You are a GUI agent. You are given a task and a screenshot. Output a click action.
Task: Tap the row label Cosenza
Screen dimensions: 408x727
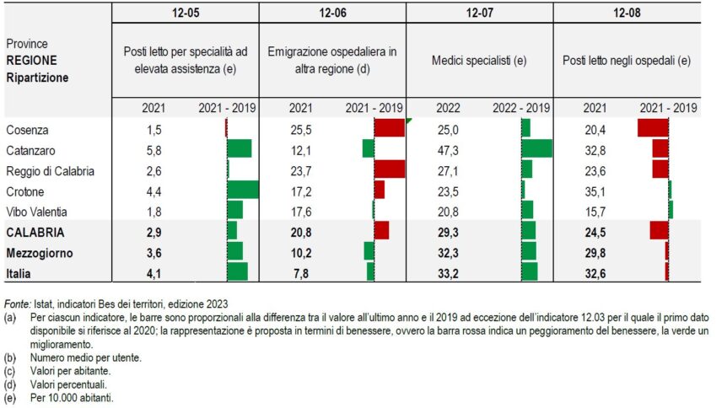click(26, 129)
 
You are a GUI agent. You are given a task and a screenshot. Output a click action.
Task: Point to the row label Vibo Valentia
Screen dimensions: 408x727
click(36, 211)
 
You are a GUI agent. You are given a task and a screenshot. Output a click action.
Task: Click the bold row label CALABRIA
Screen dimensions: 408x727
click(35, 232)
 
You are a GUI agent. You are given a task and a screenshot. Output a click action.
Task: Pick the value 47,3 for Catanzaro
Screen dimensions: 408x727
click(448, 149)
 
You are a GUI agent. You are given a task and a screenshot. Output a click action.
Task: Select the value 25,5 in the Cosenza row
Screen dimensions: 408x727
click(300, 129)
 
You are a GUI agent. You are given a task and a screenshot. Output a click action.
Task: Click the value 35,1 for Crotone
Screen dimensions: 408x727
click(595, 191)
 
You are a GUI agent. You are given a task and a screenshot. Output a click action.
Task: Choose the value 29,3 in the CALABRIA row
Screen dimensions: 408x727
click(448, 232)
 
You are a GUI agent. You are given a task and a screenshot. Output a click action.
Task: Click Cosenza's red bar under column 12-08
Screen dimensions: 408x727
click(653, 128)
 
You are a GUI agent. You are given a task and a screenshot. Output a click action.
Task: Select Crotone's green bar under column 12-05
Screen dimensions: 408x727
click(243, 190)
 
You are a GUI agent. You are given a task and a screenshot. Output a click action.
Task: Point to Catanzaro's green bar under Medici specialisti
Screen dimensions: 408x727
click(536, 148)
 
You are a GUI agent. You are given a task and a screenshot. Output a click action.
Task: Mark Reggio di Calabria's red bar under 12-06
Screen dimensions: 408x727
click(389, 169)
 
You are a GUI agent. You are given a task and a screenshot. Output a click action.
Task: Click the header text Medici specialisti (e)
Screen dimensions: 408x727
click(478, 62)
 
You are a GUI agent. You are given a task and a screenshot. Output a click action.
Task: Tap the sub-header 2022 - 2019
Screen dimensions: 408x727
click(521, 108)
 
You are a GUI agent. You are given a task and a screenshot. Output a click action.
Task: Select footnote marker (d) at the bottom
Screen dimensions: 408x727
click(10, 384)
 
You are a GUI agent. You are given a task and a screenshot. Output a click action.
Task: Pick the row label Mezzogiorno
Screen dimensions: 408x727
click(39, 252)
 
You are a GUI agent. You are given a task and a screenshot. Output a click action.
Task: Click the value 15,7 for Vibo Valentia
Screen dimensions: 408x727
click(595, 211)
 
